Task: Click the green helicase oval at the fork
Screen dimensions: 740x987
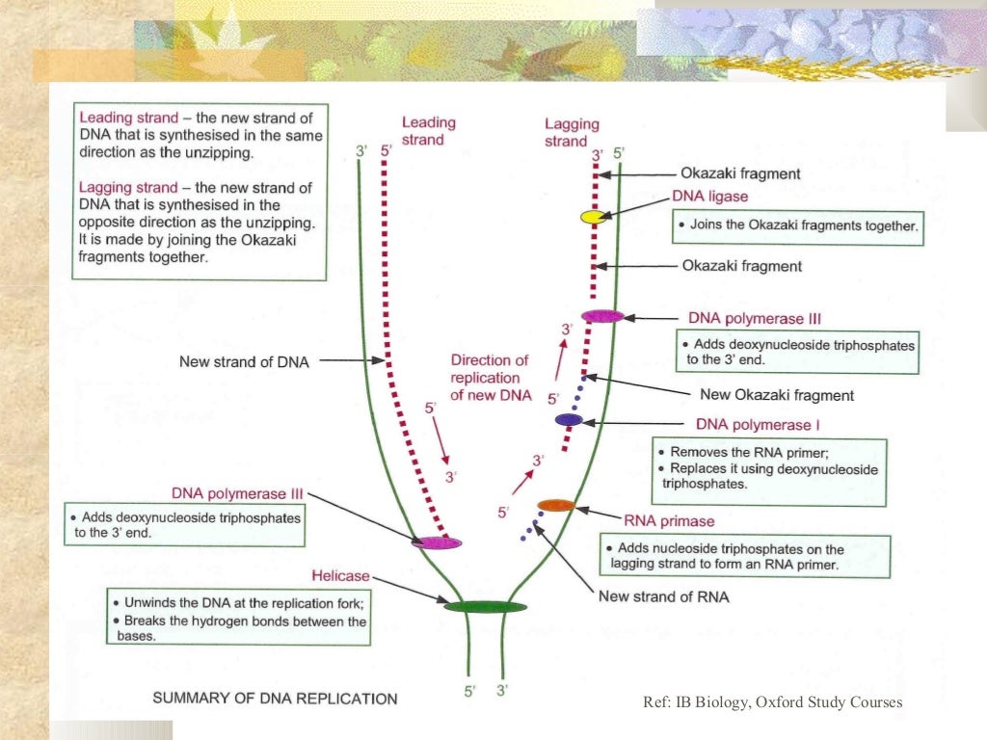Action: [x=485, y=606]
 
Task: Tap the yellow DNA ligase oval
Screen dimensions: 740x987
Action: [x=593, y=217]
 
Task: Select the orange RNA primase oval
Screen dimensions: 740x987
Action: [x=555, y=505]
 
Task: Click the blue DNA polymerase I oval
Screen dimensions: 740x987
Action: [x=569, y=419]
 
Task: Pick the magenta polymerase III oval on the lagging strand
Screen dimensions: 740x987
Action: [x=602, y=316]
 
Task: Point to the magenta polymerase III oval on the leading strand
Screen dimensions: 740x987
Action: [x=437, y=542]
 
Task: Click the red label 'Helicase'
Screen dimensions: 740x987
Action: [x=340, y=576]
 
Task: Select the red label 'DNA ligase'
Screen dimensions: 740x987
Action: [x=709, y=197]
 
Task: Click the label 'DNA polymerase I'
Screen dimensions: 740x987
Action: [x=758, y=424]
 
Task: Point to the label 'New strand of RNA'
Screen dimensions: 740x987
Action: [x=663, y=596]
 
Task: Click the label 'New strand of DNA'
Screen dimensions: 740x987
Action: [x=244, y=362]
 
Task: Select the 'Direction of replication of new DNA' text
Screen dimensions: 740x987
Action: [x=490, y=377]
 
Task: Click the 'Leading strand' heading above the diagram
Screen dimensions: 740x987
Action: [x=428, y=131]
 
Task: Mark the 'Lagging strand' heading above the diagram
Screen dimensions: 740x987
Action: [x=572, y=132]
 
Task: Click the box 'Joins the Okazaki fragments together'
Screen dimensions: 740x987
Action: [x=797, y=227]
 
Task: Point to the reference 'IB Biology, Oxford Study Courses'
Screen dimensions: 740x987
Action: [x=772, y=702]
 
